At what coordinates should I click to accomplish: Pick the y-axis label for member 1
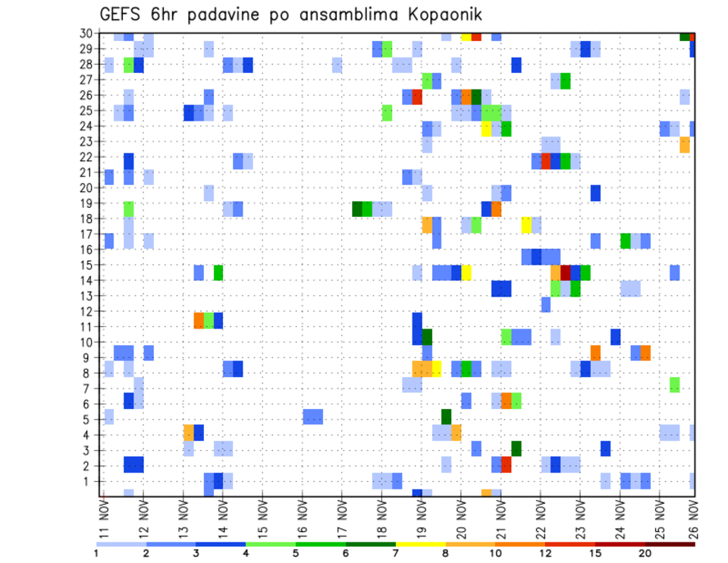88,480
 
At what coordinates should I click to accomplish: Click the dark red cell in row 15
566,272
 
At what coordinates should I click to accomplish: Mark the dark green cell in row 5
447,417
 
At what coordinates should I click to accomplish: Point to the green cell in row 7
674,385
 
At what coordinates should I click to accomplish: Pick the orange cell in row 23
685,144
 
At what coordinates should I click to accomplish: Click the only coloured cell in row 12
545,304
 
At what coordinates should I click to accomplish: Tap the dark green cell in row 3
516,448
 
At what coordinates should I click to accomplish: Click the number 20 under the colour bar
645,553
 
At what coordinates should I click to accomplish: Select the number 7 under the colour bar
396,553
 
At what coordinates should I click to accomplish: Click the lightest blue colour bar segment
121,544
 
